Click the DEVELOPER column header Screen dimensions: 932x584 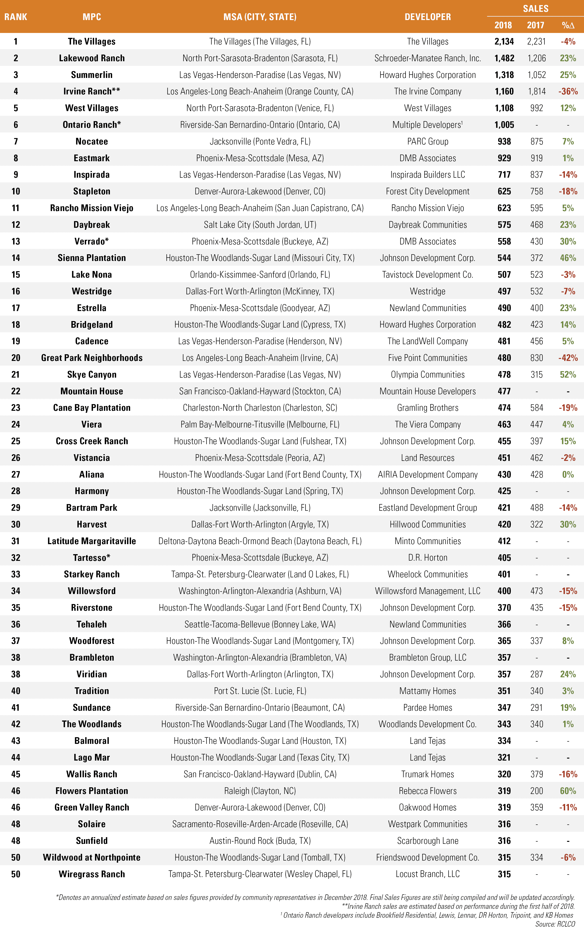[x=428, y=17]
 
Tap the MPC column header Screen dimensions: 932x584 [x=91, y=17]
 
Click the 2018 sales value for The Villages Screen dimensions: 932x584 [x=504, y=41]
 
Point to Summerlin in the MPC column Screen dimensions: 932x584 [x=91, y=75]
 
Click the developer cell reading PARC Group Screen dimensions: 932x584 [x=428, y=141]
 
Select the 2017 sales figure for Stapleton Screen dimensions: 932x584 [x=536, y=191]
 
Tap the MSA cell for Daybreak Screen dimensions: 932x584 [x=260, y=225]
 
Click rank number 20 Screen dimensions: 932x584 [x=15, y=358]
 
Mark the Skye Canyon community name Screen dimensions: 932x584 [x=91, y=374]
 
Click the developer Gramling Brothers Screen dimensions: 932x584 [x=428, y=407]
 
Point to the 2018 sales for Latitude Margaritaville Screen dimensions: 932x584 [x=504, y=541]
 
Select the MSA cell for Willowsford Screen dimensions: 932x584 [x=260, y=591]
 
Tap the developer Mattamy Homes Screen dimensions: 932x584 [x=428, y=691]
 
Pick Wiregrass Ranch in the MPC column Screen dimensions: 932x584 [x=91, y=874]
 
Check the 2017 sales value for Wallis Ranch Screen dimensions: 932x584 [x=536, y=774]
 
